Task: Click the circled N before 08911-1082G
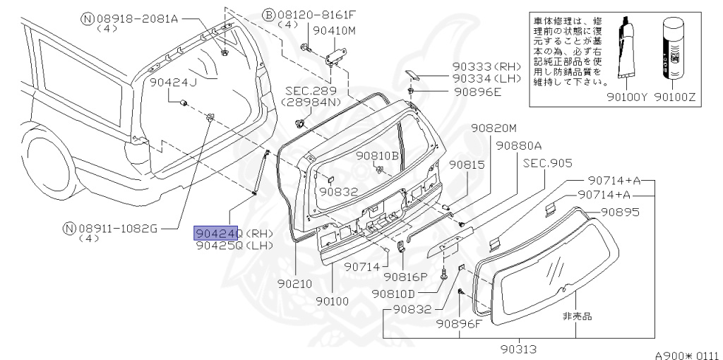coord(68,228)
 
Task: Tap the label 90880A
coord(518,145)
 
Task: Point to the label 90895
coord(620,211)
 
